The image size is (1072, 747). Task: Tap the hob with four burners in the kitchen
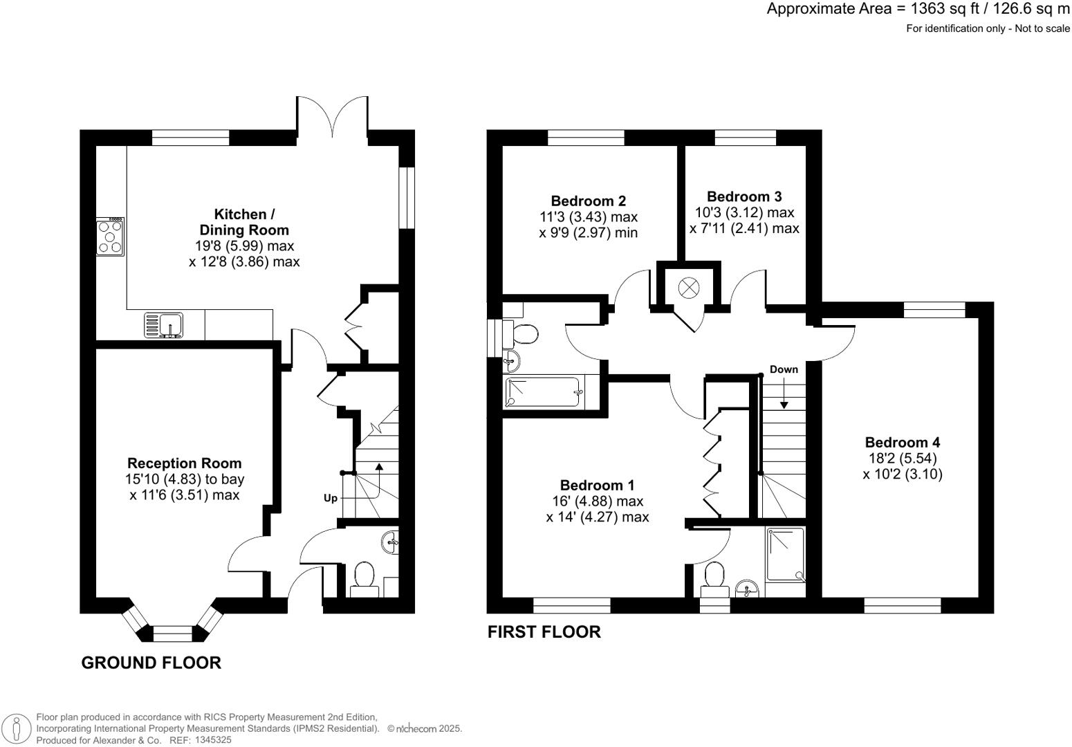[x=110, y=237]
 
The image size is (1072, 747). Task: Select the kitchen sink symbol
[x=164, y=325]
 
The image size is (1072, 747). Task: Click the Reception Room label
[x=184, y=463]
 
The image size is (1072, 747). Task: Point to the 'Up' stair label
[x=331, y=498]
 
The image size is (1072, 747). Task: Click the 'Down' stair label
[x=784, y=369]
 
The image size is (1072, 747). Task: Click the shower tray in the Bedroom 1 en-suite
[x=786, y=554]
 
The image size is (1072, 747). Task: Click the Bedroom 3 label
[x=744, y=197]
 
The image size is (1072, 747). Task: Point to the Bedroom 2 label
[x=588, y=201]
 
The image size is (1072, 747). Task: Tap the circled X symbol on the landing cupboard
[x=688, y=287]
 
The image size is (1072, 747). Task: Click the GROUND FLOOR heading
[x=151, y=663]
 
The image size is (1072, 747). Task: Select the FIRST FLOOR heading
[x=544, y=631]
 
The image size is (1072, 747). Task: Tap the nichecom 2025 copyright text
[x=424, y=728]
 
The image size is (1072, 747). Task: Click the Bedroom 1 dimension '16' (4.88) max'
[x=596, y=501]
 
